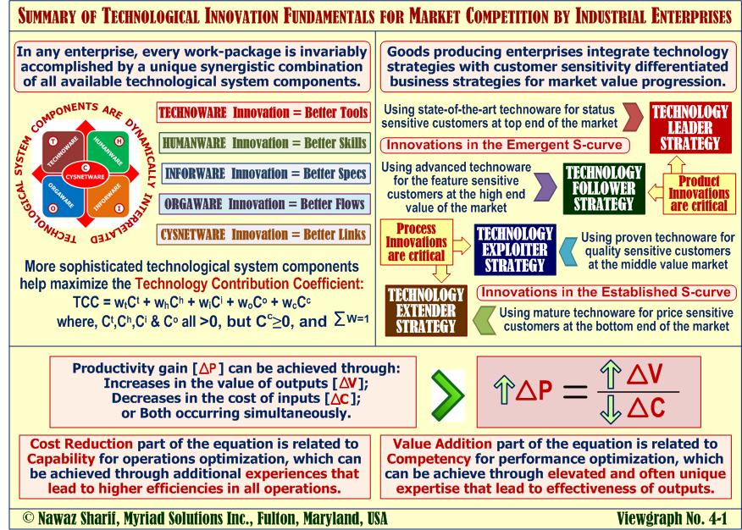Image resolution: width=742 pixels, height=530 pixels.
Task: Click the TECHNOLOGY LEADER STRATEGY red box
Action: click(x=689, y=128)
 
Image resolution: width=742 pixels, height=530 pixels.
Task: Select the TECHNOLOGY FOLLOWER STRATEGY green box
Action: click(x=603, y=188)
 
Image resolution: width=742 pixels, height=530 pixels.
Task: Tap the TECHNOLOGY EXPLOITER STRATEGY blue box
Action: click(x=515, y=250)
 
